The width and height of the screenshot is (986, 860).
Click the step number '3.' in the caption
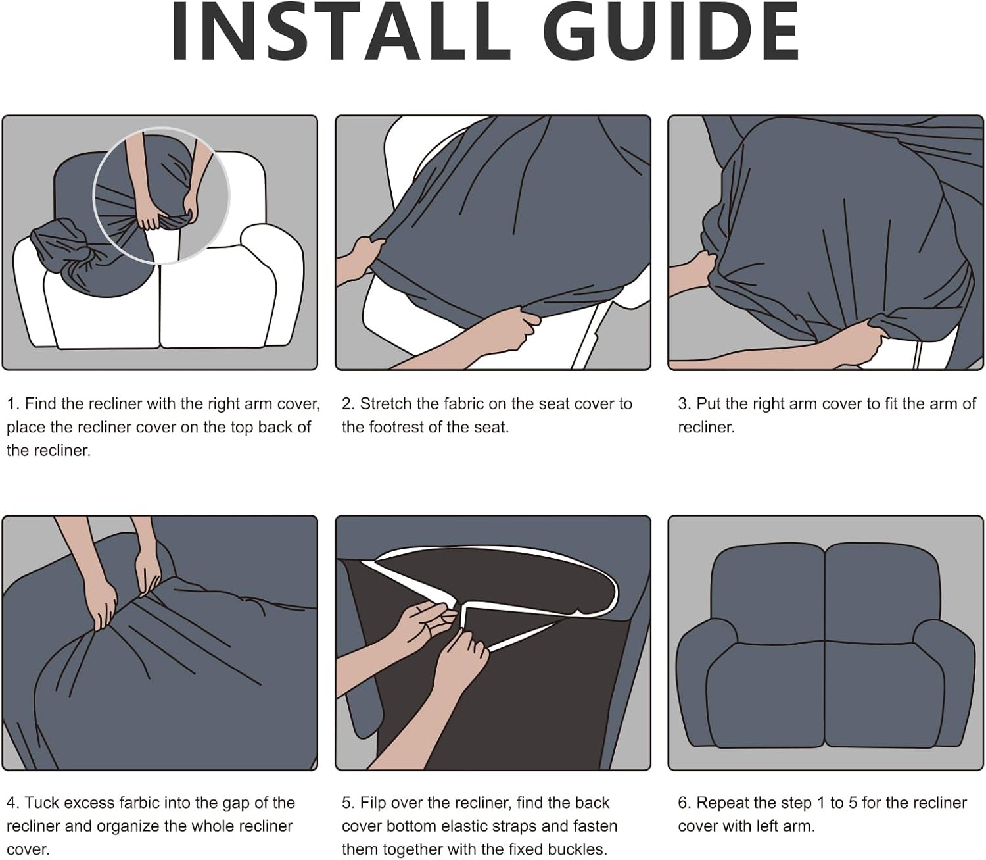pos(684,404)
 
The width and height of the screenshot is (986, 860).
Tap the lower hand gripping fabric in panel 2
pos(501,333)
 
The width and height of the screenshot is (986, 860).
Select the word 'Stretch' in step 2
pos(386,404)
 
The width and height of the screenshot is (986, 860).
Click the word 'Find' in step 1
pos(41,404)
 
